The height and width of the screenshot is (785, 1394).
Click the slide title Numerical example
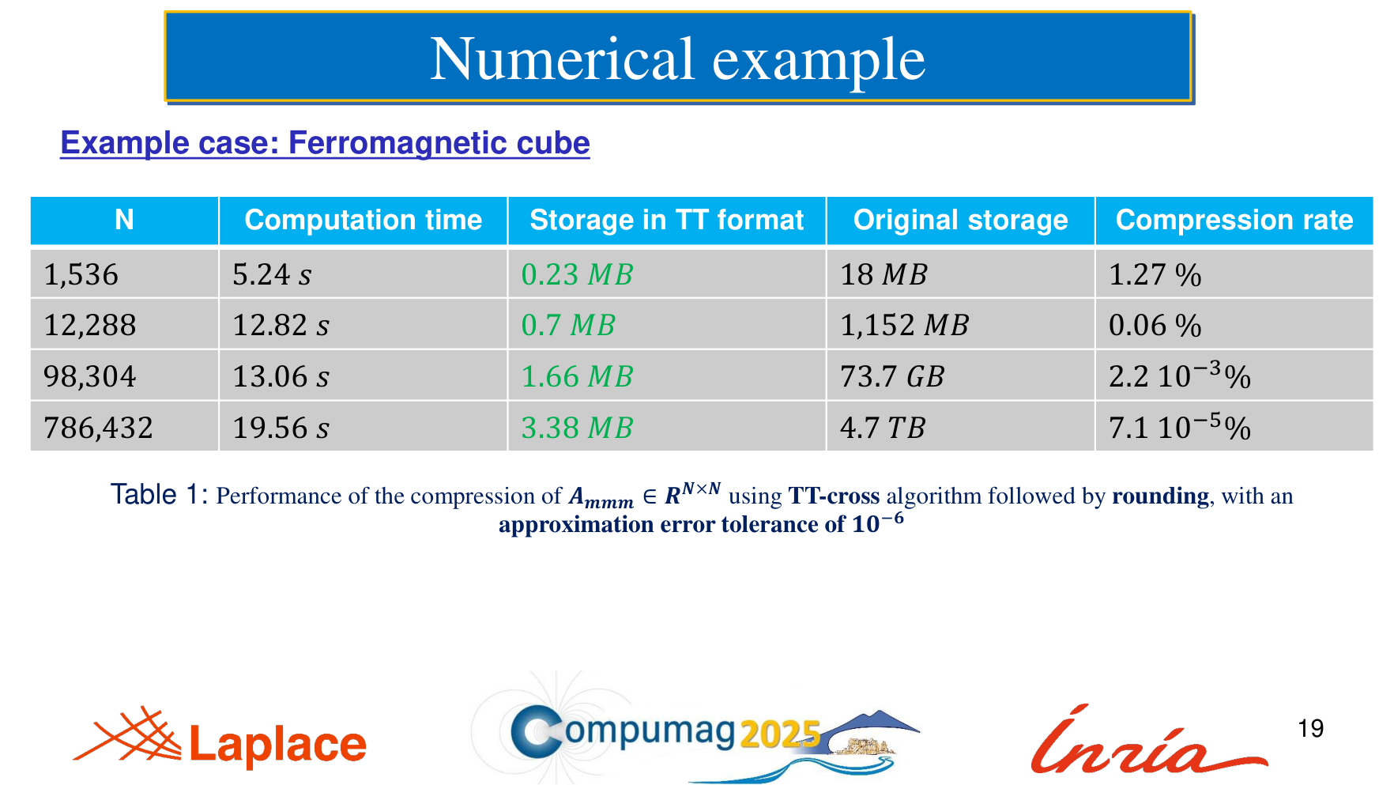click(x=677, y=59)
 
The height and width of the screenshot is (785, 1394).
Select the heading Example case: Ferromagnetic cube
click(x=325, y=143)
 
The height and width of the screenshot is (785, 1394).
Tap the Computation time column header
click(x=364, y=220)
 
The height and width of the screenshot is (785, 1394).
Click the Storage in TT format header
click(x=666, y=220)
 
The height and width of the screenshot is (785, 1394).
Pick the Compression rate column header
click(x=1234, y=220)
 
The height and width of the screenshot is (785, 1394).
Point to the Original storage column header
click(x=960, y=220)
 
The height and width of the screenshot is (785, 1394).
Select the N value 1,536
click(x=81, y=275)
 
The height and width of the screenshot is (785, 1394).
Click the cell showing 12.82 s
click(x=281, y=326)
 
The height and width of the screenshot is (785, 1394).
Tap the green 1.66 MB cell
click(x=577, y=377)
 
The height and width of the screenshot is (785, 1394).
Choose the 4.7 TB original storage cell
click(x=882, y=428)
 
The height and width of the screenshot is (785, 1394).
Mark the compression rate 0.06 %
click(x=1155, y=326)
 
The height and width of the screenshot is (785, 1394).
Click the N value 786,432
click(x=98, y=428)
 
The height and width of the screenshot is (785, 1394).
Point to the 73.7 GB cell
click(x=891, y=377)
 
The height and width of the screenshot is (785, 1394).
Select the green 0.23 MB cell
click(x=577, y=275)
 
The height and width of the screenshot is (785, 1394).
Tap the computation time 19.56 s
click(x=281, y=428)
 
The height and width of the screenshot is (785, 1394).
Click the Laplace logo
click(x=220, y=738)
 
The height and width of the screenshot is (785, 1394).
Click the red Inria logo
click(x=1148, y=740)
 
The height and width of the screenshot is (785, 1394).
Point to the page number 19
click(x=1311, y=728)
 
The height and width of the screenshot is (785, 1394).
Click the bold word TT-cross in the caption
click(x=834, y=496)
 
